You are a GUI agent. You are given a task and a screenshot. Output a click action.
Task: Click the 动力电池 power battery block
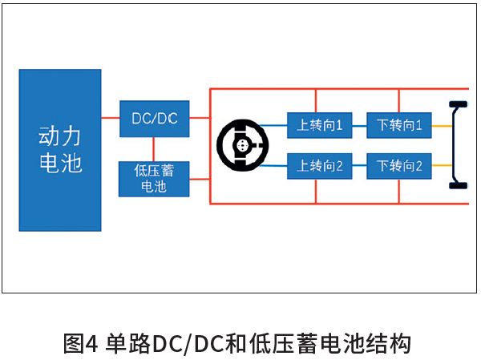(60, 150)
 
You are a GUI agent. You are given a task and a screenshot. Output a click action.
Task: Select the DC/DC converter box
(154, 119)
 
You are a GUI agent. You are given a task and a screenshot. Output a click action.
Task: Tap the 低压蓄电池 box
(154, 179)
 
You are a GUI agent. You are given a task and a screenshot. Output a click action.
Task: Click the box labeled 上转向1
(320, 124)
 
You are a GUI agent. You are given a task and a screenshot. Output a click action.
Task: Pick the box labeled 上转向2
(320, 167)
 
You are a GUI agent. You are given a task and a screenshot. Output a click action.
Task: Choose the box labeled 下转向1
(399, 124)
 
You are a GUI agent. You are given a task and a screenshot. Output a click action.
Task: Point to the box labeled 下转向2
(399, 167)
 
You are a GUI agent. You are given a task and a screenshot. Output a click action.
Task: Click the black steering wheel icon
(241, 146)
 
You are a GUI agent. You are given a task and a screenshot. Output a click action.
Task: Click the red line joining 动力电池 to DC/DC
(111, 119)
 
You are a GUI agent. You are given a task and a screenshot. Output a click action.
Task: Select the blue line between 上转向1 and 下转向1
(359, 124)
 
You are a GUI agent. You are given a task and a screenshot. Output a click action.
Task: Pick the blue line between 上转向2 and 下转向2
(359, 167)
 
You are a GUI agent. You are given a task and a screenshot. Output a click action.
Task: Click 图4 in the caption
(80, 343)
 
